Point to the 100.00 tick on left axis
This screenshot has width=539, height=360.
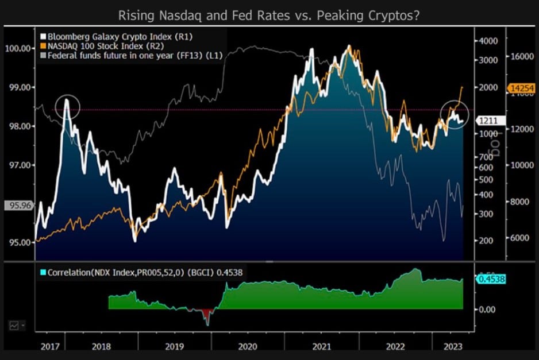(18, 48)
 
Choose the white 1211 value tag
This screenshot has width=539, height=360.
(490, 121)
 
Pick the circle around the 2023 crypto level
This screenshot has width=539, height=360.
(453, 114)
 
